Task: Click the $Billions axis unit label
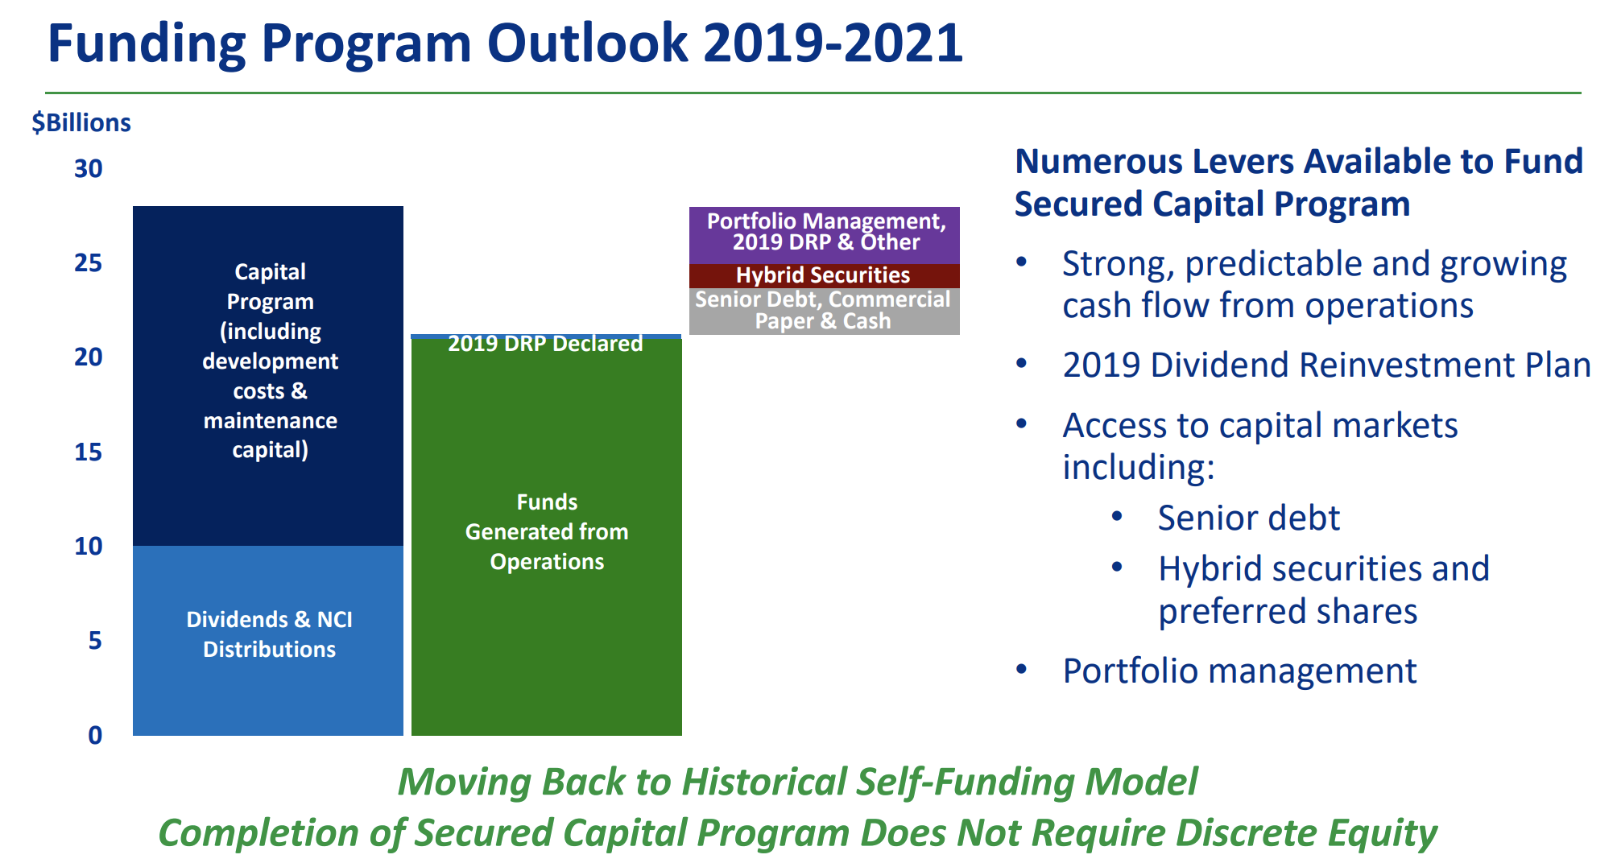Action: pos(81,123)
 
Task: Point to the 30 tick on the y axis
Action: pos(89,169)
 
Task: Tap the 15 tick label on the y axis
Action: pos(89,452)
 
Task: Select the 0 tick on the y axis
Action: pos(95,735)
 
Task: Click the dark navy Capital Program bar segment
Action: pos(268,376)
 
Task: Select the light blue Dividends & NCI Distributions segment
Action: pos(268,641)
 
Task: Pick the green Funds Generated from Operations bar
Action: pos(547,537)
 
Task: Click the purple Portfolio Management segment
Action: pos(825,235)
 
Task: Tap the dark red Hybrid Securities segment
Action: pos(825,276)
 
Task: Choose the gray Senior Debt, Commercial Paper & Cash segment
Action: pos(825,312)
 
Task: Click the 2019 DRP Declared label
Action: pos(545,344)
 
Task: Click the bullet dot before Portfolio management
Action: pos(1022,670)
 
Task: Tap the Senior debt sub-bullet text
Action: pos(1249,518)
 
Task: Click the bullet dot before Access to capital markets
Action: pos(1022,424)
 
